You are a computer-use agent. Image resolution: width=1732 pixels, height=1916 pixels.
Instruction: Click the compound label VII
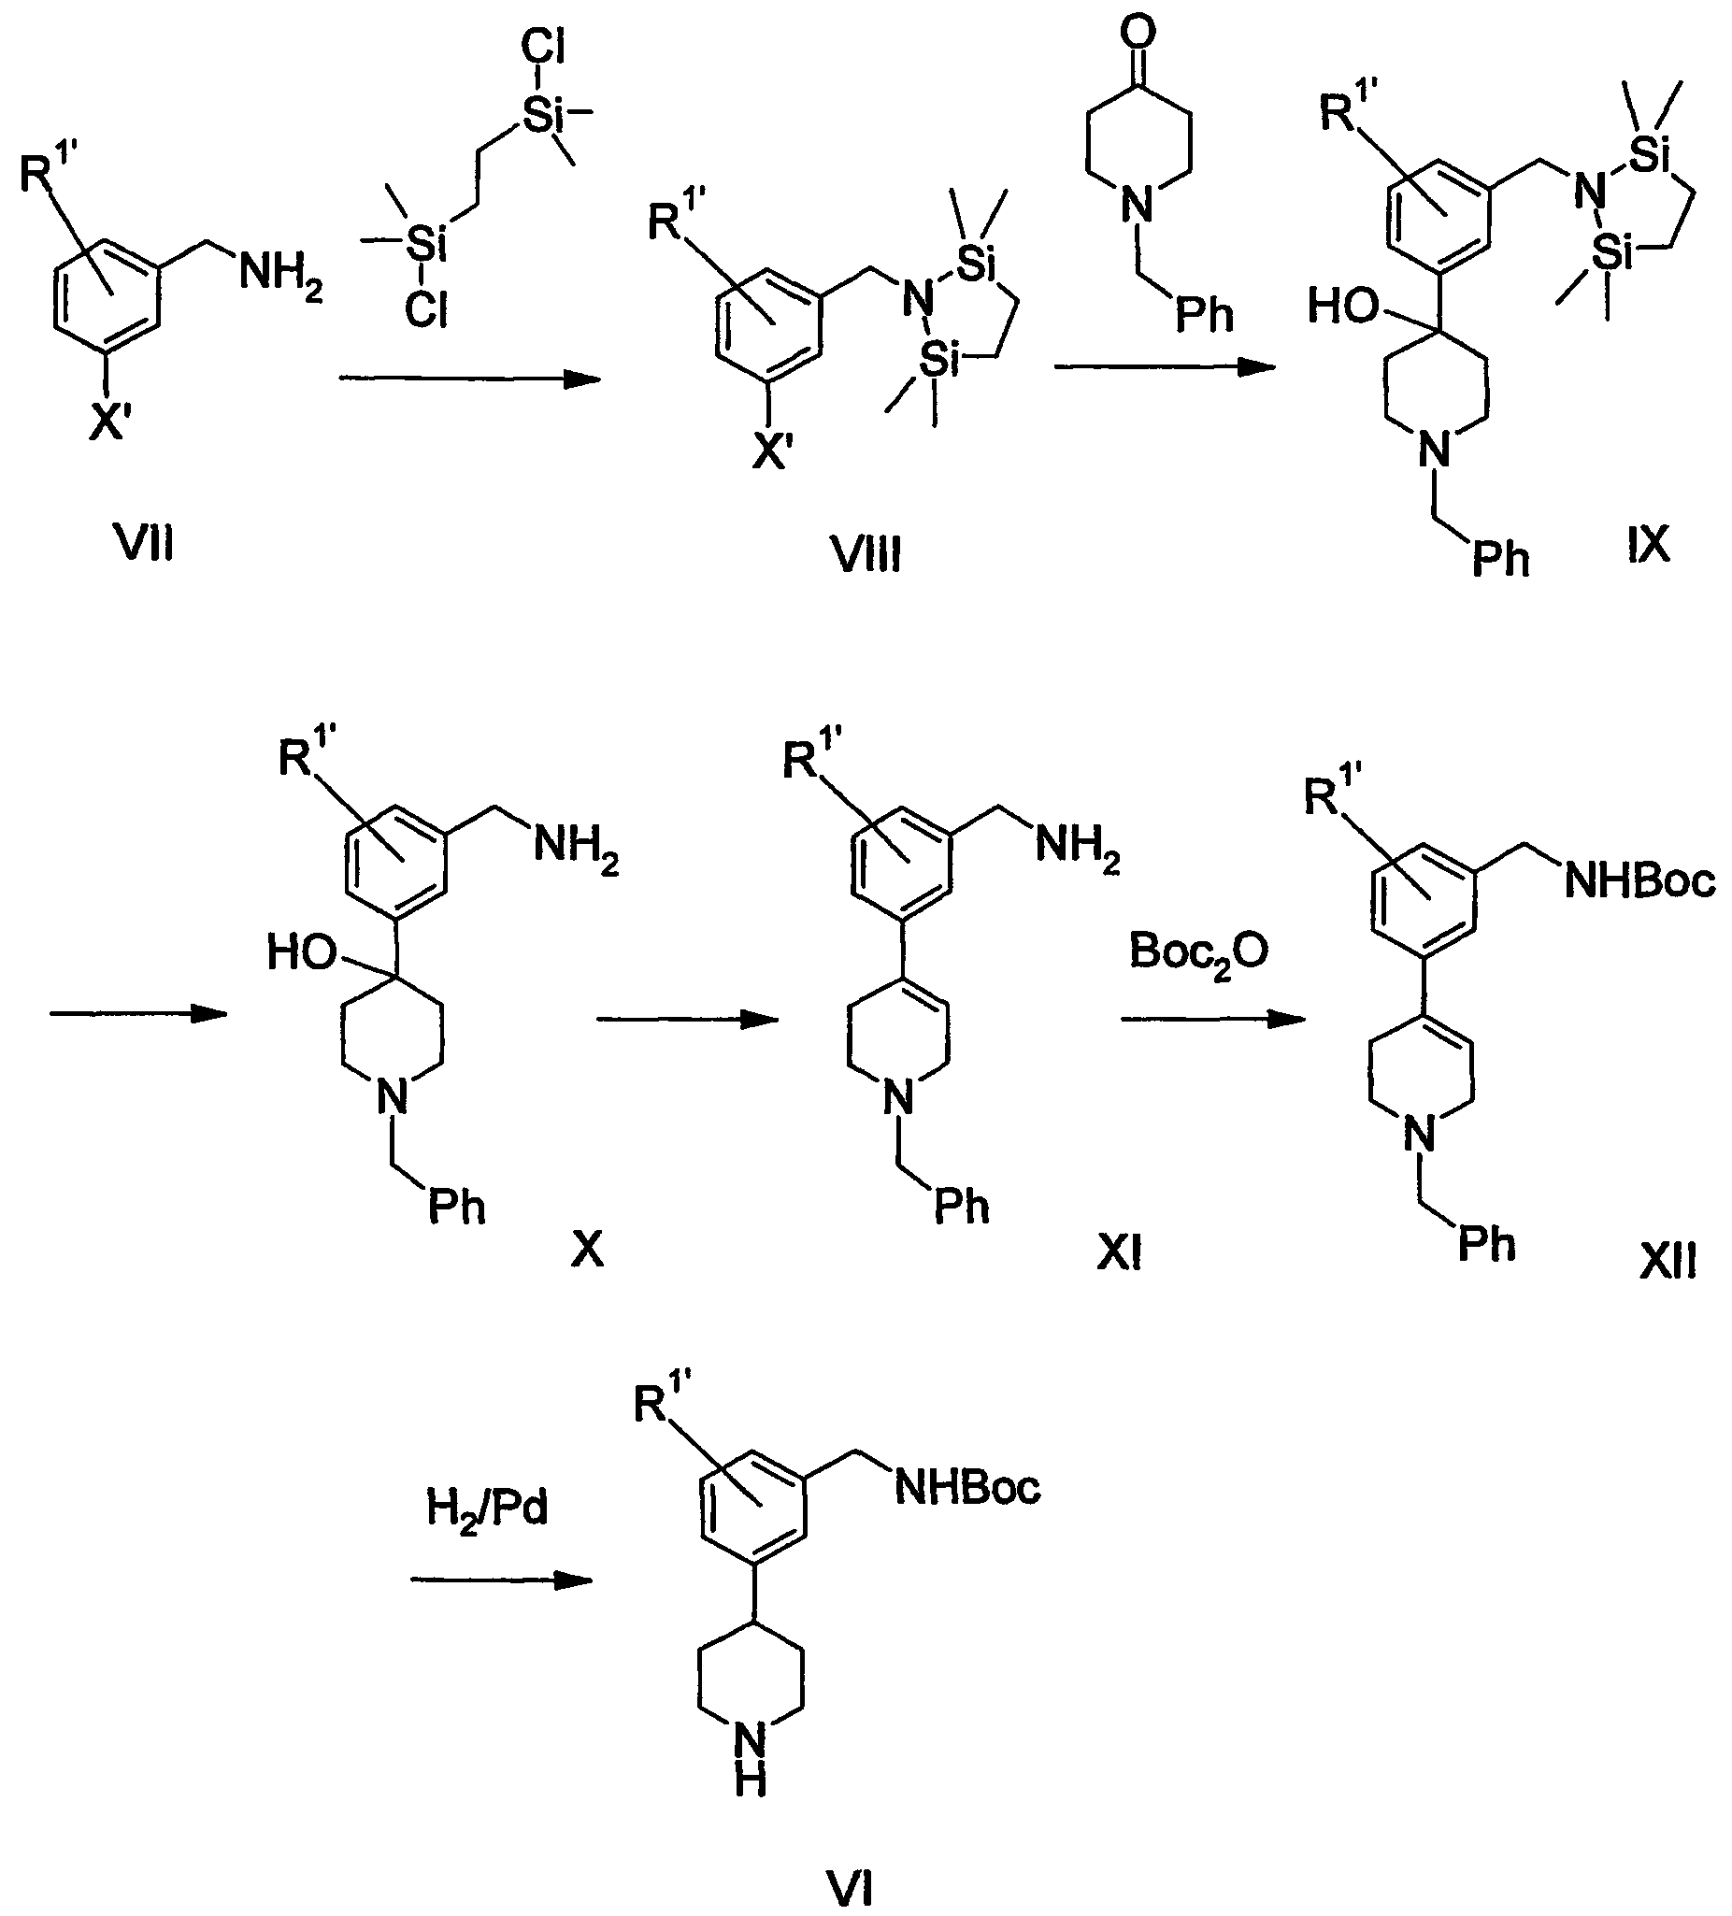[146, 545]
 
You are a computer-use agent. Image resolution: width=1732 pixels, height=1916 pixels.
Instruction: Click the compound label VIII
[867, 554]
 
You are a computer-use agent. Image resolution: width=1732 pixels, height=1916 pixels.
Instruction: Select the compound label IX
[1647, 545]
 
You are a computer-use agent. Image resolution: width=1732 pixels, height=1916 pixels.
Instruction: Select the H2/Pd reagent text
[487, 1508]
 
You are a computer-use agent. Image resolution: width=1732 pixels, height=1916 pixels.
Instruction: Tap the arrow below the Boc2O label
[1212, 1019]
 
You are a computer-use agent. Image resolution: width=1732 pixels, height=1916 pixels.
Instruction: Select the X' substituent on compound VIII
[774, 454]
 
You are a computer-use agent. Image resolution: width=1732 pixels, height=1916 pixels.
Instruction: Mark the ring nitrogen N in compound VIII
[917, 300]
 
